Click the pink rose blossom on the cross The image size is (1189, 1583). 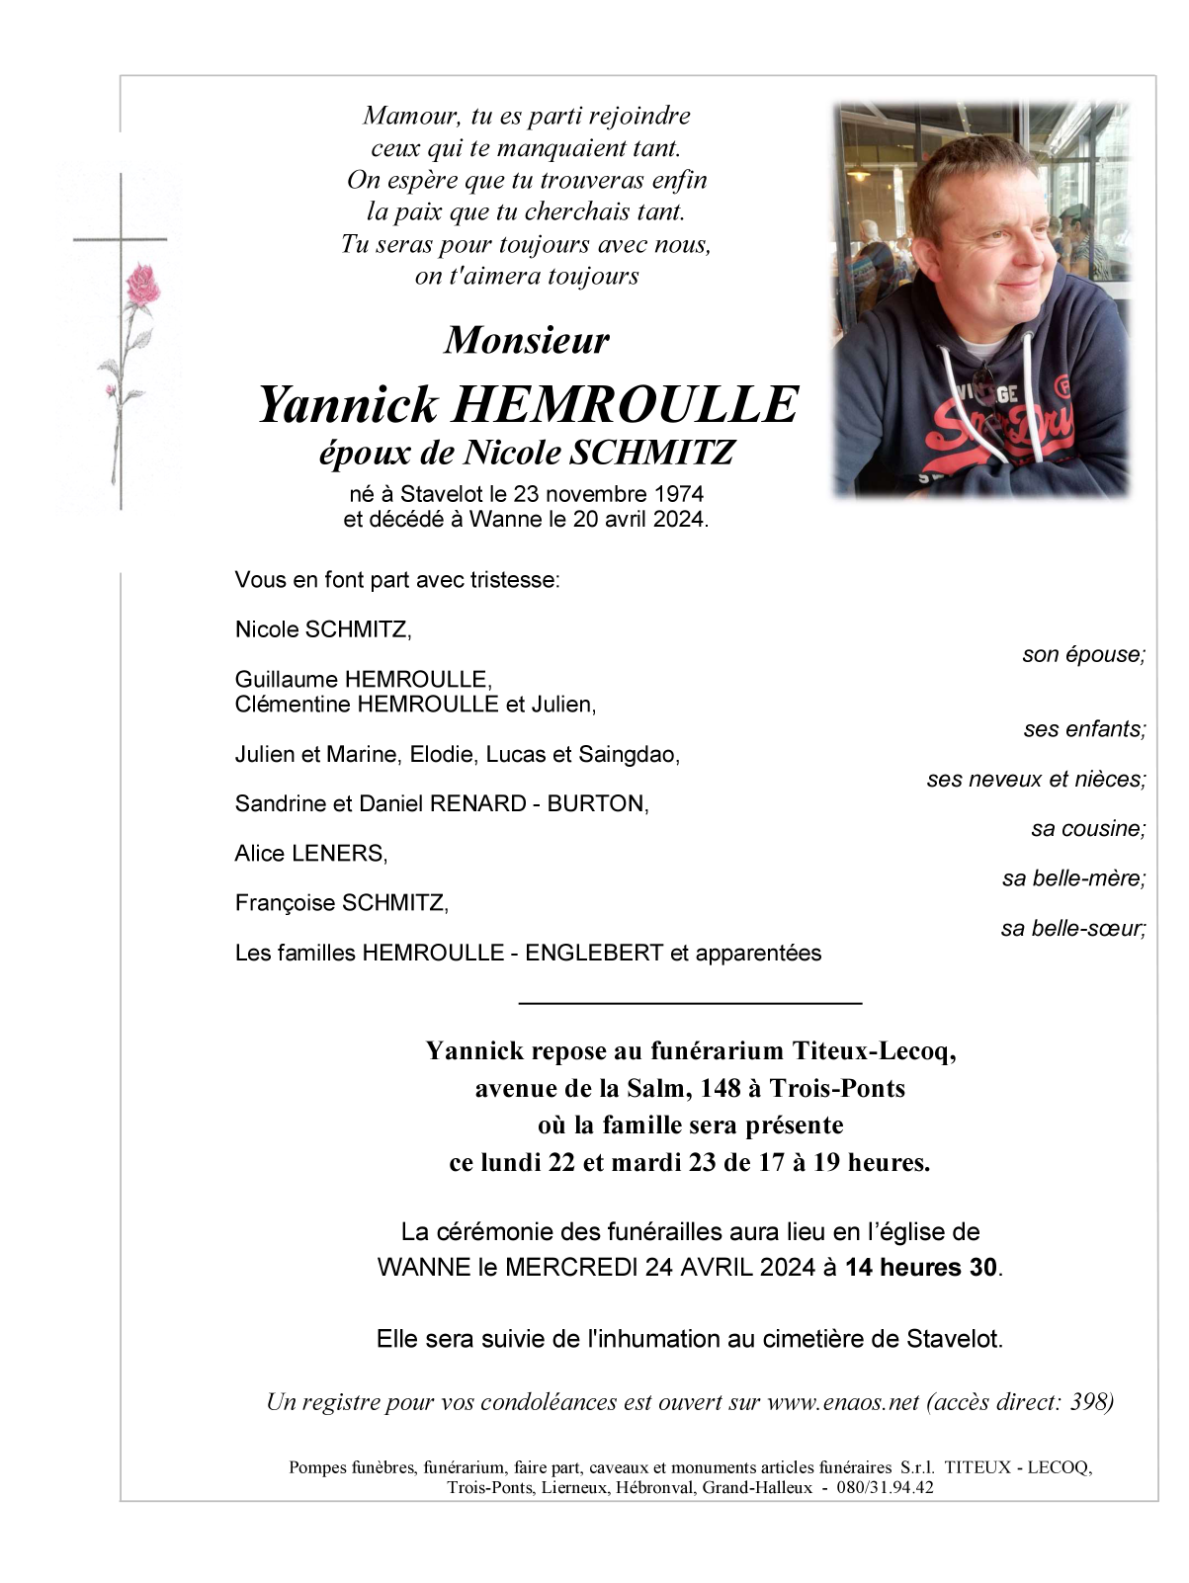(x=143, y=285)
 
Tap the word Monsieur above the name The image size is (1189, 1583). (x=527, y=340)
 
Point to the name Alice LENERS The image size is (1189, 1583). (x=311, y=854)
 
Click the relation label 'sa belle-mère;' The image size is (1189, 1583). (x=1073, y=878)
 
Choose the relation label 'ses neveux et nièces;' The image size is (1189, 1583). (x=1036, y=780)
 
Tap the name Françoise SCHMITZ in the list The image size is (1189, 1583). (x=342, y=903)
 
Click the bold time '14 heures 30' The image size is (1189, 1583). (x=921, y=1268)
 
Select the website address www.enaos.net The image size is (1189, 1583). (x=843, y=1402)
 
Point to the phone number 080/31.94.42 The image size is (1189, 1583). (x=885, y=1488)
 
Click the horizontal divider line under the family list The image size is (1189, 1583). (x=690, y=1004)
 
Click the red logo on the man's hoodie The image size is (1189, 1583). (x=998, y=424)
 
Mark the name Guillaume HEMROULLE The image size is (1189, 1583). (x=363, y=680)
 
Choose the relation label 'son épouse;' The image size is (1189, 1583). (x=1083, y=655)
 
